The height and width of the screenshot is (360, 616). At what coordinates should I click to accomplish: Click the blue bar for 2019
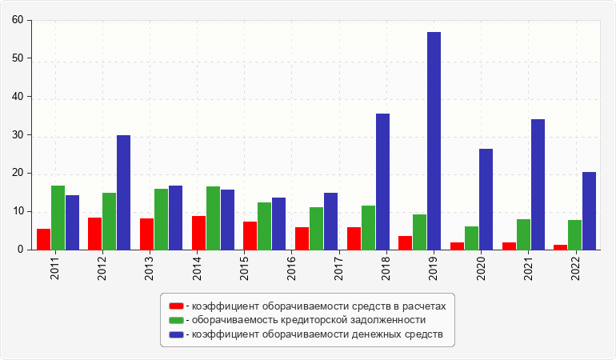434,141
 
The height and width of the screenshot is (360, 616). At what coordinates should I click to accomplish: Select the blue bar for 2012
123,192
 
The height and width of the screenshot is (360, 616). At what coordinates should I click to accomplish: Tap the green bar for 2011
58,218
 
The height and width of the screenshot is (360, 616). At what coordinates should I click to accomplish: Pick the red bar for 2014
198,233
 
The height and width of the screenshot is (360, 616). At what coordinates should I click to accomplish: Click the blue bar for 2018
382,182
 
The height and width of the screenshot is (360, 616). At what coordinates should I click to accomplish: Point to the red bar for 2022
560,247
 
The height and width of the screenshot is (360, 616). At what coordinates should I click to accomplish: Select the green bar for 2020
471,238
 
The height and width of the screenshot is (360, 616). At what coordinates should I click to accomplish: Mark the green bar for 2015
264,226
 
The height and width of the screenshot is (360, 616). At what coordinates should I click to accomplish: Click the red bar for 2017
354,238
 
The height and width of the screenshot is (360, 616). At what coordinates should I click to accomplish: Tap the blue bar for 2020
486,199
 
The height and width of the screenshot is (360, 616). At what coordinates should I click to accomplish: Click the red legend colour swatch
175,306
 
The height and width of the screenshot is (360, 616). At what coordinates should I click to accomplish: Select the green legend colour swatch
175,320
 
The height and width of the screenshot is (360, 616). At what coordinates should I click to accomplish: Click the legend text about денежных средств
314,334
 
